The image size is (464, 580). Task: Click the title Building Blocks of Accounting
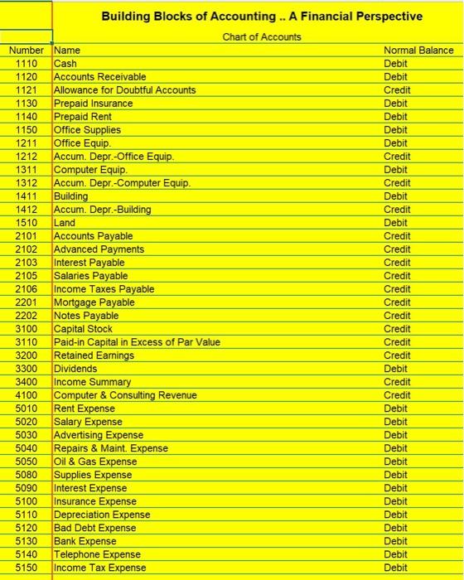coord(261,17)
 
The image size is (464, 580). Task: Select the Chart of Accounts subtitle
coord(261,36)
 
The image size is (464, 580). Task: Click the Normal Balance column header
coord(418,50)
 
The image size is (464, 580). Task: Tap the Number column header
coord(27,50)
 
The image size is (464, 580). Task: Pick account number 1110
coord(27,63)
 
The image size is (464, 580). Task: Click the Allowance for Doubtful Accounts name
coord(124,89)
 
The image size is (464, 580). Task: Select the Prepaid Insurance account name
coord(93,103)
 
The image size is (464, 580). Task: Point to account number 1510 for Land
coord(27,222)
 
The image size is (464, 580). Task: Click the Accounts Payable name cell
coord(93,235)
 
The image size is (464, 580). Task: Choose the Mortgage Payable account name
coord(94,302)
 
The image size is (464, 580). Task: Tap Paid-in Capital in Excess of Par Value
coord(137,341)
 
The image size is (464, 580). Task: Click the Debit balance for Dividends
coord(396,368)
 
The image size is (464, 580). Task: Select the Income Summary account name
coord(92,381)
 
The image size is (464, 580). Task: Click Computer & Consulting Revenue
coord(125,394)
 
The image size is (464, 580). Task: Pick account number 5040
coord(27,447)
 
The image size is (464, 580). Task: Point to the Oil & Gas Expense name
coord(95,461)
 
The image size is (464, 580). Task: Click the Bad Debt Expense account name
coord(94,527)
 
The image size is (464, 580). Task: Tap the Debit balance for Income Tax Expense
coord(396,567)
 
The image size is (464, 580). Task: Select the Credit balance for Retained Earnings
coord(397,355)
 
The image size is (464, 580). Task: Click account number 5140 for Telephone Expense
coord(27,553)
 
